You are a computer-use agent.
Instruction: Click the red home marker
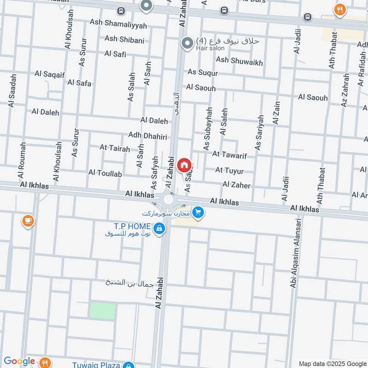click(x=184, y=164)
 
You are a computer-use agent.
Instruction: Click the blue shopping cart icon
click(x=198, y=213)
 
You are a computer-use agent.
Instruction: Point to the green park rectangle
click(x=102, y=311)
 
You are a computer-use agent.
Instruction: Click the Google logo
click(x=19, y=362)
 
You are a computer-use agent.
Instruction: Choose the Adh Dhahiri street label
click(x=147, y=137)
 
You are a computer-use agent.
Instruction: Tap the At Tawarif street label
click(x=230, y=155)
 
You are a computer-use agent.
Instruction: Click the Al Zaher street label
click(x=236, y=185)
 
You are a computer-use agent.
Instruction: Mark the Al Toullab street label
click(x=105, y=173)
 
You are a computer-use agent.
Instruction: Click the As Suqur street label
click(x=202, y=73)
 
